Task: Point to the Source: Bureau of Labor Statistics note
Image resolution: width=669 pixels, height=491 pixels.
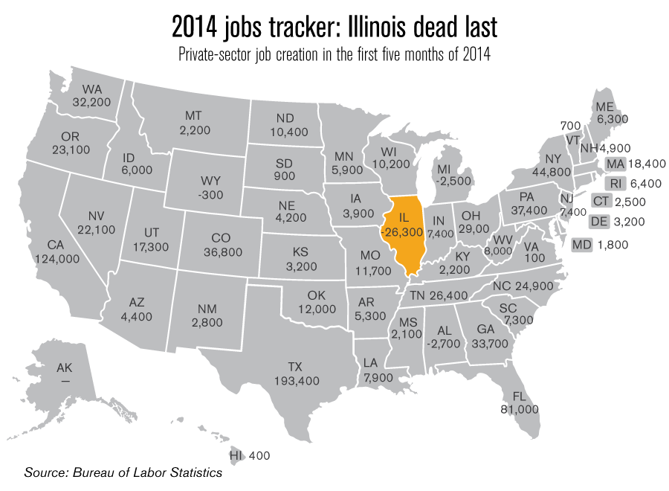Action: coord(123,472)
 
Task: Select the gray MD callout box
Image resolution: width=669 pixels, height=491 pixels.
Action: coord(581,243)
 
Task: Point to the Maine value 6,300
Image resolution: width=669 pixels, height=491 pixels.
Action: coord(612,118)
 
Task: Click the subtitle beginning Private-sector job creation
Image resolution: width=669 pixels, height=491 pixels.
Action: coord(334,56)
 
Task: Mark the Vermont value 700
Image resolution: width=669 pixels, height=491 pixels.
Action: coord(571,126)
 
